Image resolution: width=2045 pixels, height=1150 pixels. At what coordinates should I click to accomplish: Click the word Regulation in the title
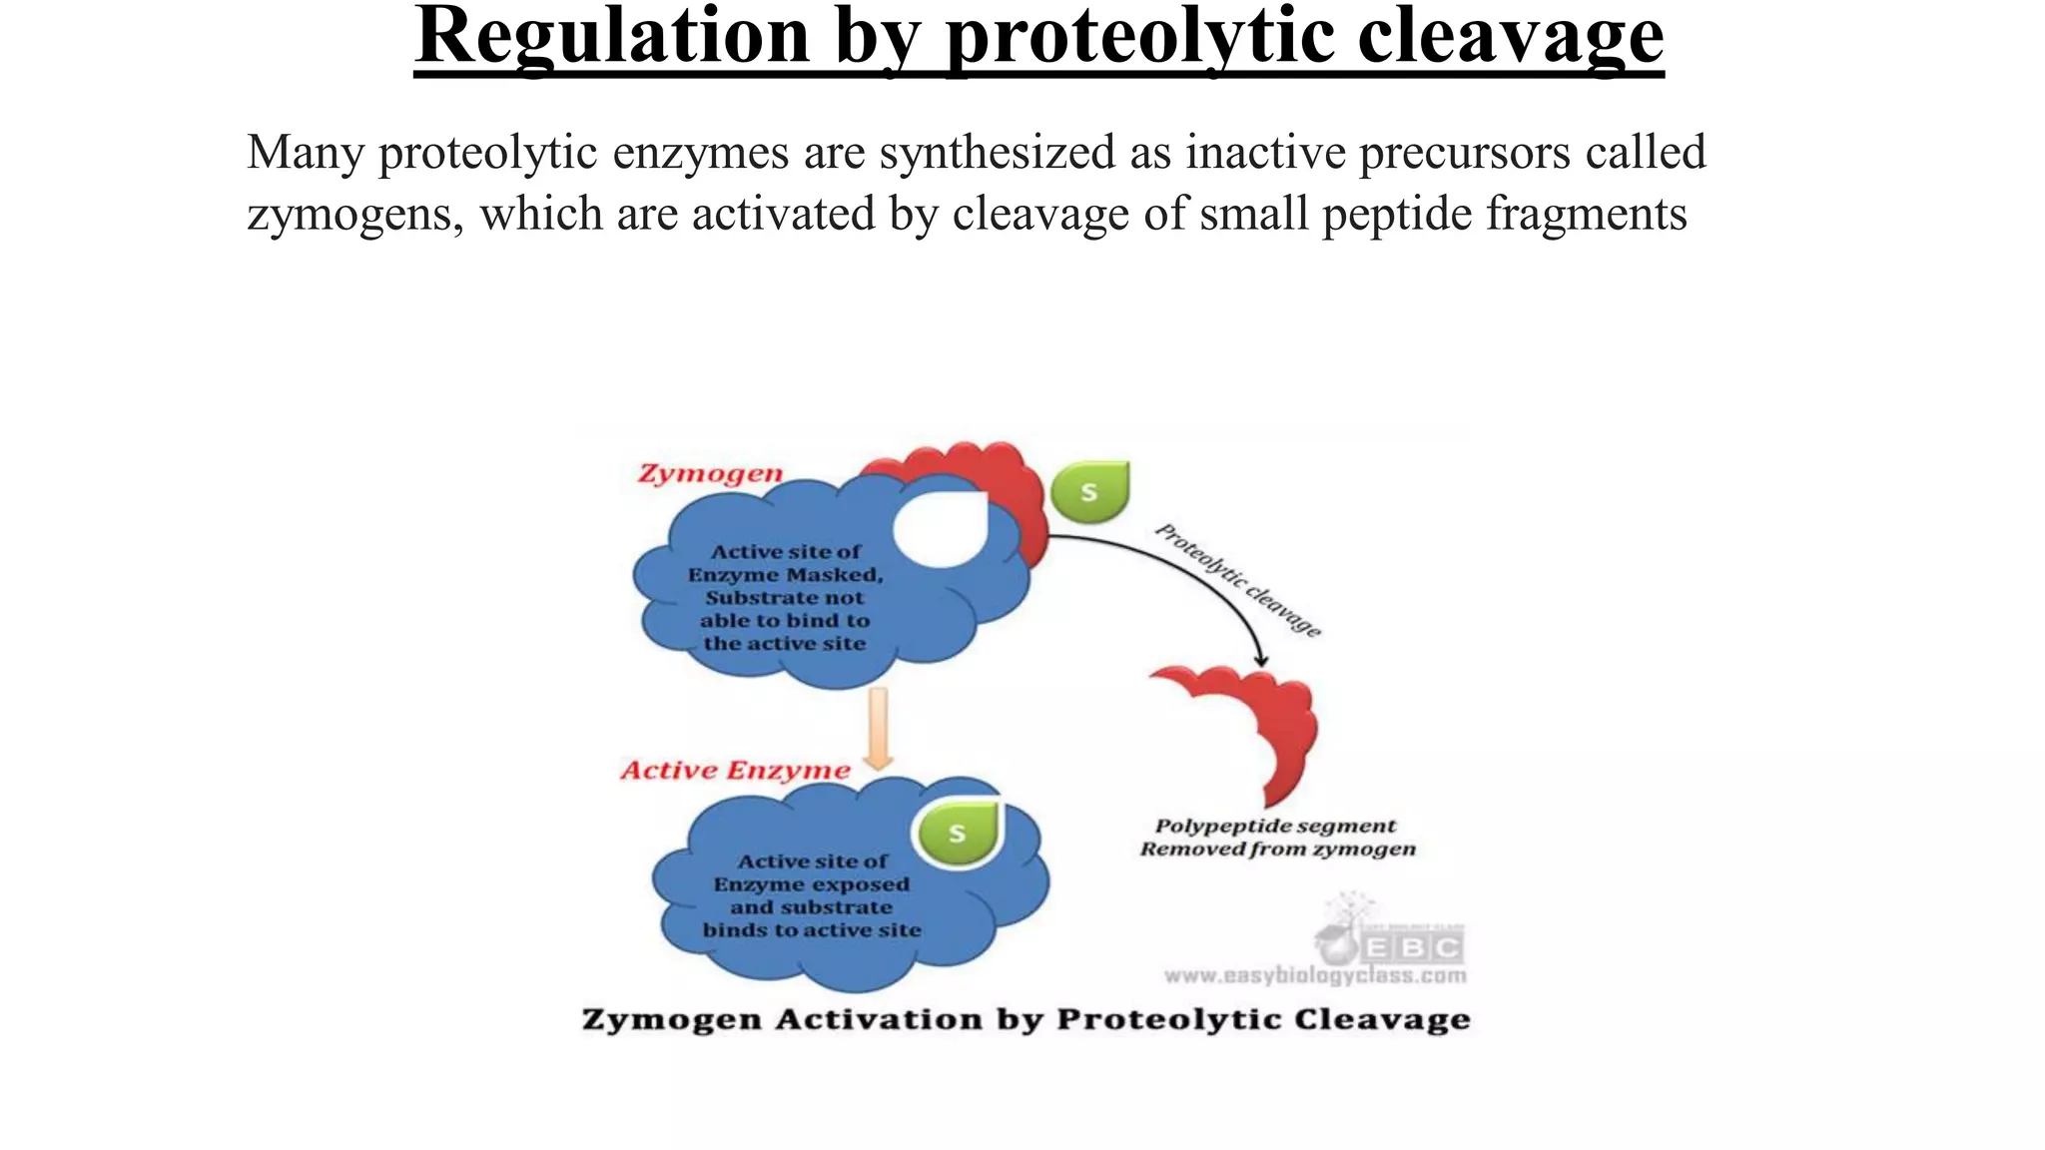pyautogui.click(x=611, y=36)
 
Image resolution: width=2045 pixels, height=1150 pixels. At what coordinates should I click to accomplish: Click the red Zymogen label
pyautogui.click(x=710, y=474)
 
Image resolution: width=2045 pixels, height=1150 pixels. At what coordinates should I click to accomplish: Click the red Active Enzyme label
pyautogui.click(x=735, y=771)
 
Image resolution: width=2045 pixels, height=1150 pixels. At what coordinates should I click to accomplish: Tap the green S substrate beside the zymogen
pyautogui.click(x=1090, y=491)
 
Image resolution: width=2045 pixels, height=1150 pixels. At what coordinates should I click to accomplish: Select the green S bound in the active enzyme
pyautogui.click(x=958, y=833)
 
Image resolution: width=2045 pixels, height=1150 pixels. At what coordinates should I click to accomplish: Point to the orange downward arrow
pyautogui.click(x=878, y=729)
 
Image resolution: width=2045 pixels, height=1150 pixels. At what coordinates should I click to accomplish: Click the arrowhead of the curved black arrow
pyautogui.click(x=1261, y=660)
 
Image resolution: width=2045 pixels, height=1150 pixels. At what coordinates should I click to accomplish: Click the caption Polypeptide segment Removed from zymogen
pyautogui.click(x=1277, y=838)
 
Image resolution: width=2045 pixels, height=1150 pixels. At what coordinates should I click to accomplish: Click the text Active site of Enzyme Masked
pyautogui.click(x=785, y=563)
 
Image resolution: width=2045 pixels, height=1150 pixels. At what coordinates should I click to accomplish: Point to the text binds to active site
pyautogui.click(x=812, y=930)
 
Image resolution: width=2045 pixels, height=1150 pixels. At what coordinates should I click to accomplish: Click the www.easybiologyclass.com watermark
pyautogui.click(x=1315, y=975)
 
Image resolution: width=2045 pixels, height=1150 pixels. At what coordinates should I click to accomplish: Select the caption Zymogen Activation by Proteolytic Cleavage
pyautogui.click(x=1025, y=1020)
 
